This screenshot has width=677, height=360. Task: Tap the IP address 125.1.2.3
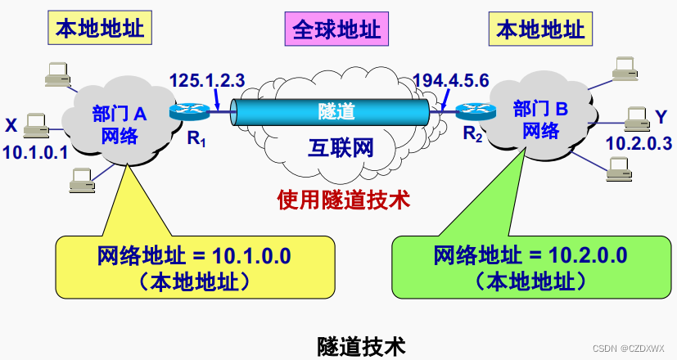click(x=207, y=81)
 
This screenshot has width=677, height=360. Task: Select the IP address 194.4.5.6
click(x=451, y=81)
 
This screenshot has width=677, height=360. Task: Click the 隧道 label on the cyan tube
click(x=336, y=110)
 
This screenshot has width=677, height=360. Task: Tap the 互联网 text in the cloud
click(x=341, y=149)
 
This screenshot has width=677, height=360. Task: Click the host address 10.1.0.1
click(x=34, y=151)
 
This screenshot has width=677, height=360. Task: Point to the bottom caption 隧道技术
click(x=361, y=345)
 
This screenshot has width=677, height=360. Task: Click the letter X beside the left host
click(x=11, y=125)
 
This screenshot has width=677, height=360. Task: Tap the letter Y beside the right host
click(x=661, y=117)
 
